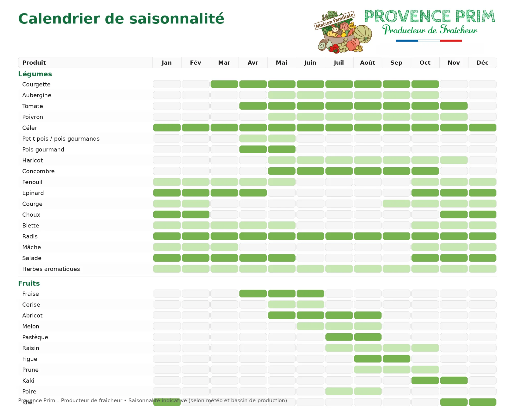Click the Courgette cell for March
click(x=224, y=84)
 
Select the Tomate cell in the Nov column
click(x=454, y=106)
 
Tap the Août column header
click(x=367, y=63)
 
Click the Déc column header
click(x=482, y=63)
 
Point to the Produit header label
click(x=34, y=63)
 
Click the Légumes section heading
click(x=35, y=74)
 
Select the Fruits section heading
click(x=29, y=283)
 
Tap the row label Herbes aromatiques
click(x=51, y=269)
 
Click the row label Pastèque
click(x=35, y=337)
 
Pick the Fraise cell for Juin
click(x=310, y=294)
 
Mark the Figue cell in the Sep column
click(x=396, y=359)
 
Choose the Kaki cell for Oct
click(x=425, y=380)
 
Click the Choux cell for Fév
click(x=196, y=214)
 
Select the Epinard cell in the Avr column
click(x=253, y=193)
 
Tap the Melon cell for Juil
click(x=339, y=326)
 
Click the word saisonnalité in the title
click(x=177, y=19)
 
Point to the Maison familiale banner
click(x=334, y=20)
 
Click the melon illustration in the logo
click(x=363, y=34)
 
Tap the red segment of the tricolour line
click(x=451, y=41)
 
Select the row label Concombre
click(x=38, y=171)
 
